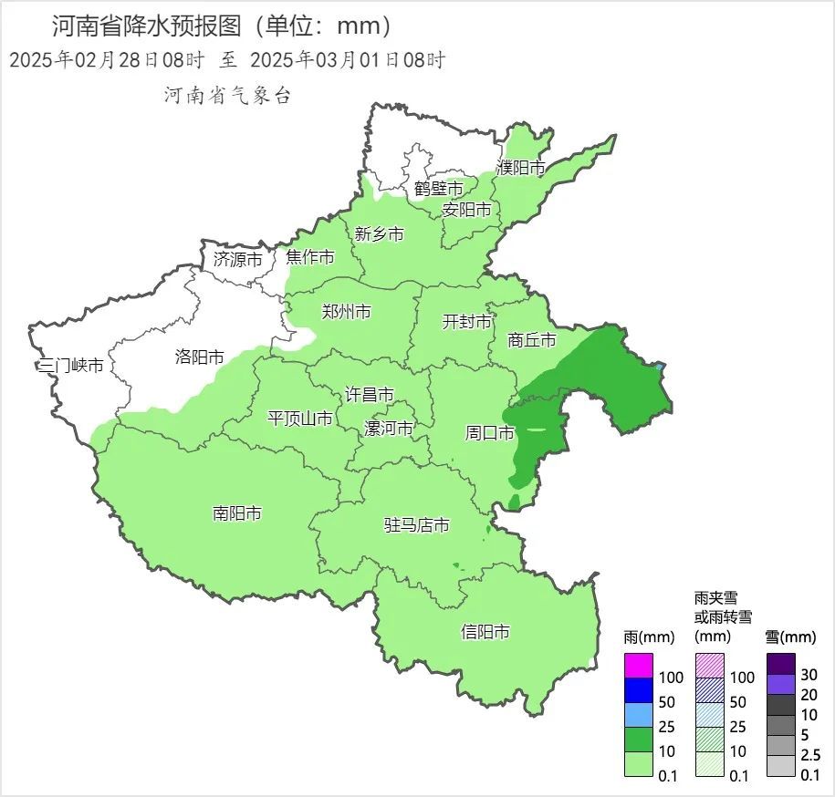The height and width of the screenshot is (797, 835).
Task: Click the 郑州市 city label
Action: pyautogui.click(x=346, y=312)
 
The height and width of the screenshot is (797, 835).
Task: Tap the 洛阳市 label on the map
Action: pyautogui.click(x=199, y=357)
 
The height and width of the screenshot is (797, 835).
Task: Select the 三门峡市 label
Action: pyautogui.click(x=70, y=366)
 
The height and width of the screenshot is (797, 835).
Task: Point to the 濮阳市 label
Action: pyautogui.click(x=520, y=168)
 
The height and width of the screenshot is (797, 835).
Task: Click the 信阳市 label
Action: pyautogui.click(x=485, y=632)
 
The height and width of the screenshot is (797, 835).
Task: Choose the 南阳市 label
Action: pyautogui.click(x=237, y=513)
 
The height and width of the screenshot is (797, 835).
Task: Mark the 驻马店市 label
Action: pyautogui.click(x=416, y=525)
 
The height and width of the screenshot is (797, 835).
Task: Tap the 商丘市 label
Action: pyautogui.click(x=532, y=340)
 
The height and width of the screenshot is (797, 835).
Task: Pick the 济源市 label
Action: pyautogui.click(x=237, y=259)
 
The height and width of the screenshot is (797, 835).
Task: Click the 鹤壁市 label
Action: pyautogui.click(x=438, y=188)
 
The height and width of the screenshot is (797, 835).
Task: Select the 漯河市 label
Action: pyautogui.click(x=388, y=429)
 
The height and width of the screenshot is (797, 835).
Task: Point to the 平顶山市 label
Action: pyautogui.click(x=299, y=419)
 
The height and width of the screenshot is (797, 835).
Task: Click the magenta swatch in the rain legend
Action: pyautogui.click(x=639, y=666)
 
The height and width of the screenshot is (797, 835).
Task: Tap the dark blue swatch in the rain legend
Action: pyautogui.click(x=639, y=690)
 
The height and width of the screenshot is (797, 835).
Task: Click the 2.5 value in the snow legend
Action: pyautogui.click(x=810, y=755)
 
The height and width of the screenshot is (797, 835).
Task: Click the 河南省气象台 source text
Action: pyautogui.click(x=227, y=95)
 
